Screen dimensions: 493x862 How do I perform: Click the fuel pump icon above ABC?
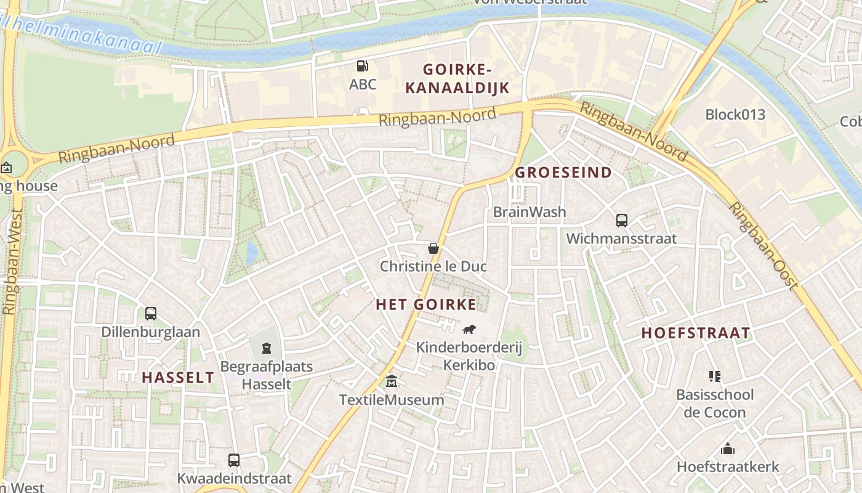tap(362, 65)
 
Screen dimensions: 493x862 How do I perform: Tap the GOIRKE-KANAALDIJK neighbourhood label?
tap(457, 78)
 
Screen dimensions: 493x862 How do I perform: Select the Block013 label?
tap(735, 115)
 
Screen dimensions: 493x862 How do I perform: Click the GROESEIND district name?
tap(563, 173)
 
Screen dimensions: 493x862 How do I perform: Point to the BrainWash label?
tap(529, 212)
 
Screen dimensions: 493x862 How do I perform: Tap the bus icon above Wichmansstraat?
tap(621, 220)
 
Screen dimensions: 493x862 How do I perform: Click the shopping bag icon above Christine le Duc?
tap(433, 248)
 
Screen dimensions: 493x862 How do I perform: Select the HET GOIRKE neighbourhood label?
tap(426, 304)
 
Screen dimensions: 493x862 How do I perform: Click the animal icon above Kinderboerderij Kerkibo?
tap(469, 329)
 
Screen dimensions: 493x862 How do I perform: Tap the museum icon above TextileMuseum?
tap(392, 381)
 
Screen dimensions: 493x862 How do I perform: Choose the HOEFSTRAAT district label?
tap(696, 333)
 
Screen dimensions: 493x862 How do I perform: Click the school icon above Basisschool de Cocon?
tap(714, 376)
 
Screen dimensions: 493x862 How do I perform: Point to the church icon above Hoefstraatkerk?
tap(728, 449)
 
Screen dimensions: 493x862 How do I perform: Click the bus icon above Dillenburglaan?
tap(151, 314)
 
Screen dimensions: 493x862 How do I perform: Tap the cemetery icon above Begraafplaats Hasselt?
tap(267, 348)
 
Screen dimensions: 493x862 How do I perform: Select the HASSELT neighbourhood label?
tap(178, 378)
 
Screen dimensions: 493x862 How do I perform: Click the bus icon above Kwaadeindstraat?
tap(234, 460)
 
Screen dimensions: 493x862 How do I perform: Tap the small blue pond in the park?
tap(251, 253)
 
